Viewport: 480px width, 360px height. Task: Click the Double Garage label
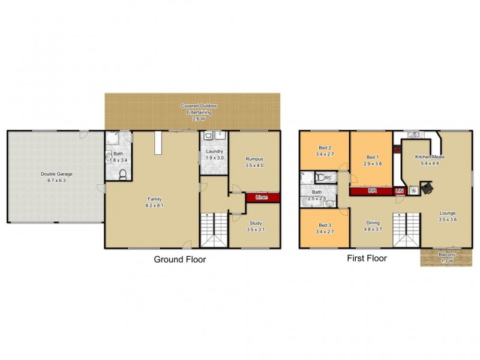point(56,174)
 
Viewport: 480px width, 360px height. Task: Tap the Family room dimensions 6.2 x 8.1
point(154,205)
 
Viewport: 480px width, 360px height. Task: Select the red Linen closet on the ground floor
point(262,197)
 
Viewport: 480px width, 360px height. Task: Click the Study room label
point(256,223)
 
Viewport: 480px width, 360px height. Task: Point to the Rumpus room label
point(255,159)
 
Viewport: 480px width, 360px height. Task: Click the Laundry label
point(214,151)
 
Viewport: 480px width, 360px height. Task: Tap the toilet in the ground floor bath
point(123,175)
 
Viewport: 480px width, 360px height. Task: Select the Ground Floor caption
point(180,260)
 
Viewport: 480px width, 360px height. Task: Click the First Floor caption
point(366,259)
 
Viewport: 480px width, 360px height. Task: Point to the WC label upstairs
point(327,178)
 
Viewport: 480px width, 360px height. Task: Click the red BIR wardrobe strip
point(372,191)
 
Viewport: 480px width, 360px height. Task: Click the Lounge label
point(447,213)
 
